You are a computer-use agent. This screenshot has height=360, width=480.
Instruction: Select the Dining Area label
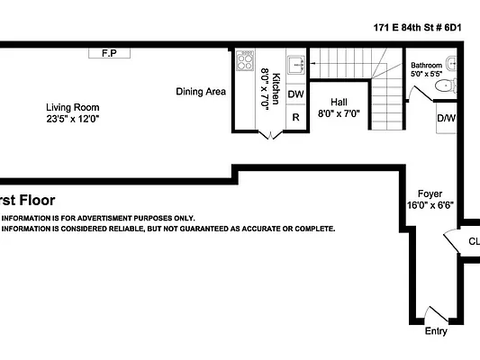(x=201, y=91)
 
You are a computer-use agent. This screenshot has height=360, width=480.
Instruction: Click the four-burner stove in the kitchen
(x=245, y=61)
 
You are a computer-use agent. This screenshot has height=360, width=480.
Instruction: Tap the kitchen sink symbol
(x=296, y=65)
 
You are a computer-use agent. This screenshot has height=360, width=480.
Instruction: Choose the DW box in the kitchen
(x=296, y=94)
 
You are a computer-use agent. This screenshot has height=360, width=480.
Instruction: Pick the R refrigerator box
(x=296, y=118)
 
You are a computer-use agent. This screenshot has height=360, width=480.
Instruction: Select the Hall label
(x=339, y=103)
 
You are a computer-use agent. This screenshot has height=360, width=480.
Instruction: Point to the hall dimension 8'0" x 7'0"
(x=339, y=114)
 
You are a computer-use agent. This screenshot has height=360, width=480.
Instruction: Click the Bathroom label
(x=427, y=66)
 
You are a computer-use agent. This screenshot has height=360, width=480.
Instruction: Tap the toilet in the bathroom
(x=444, y=86)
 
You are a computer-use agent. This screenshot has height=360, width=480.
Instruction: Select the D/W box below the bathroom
(x=446, y=118)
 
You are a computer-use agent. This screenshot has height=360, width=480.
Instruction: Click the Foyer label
(x=430, y=193)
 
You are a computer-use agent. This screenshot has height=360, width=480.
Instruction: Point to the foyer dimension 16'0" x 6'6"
(x=430, y=205)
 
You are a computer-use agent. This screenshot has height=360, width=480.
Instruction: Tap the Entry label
(x=435, y=331)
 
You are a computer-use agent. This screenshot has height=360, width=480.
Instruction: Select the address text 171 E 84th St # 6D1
(x=417, y=27)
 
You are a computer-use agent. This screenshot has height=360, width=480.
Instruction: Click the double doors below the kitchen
(x=269, y=135)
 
